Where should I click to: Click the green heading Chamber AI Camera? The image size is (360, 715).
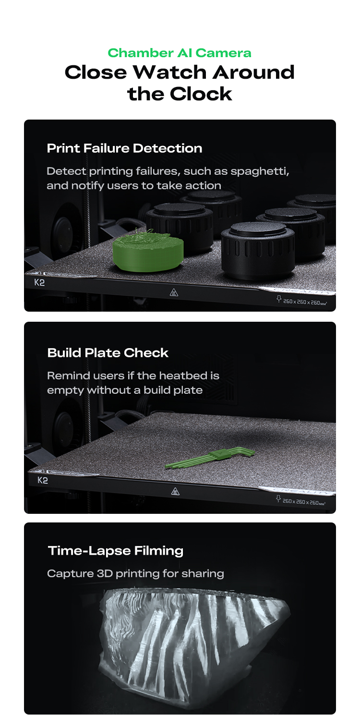pyautogui.click(x=180, y=53)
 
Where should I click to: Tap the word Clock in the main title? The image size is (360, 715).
pyautogui.click(x=201, y=94)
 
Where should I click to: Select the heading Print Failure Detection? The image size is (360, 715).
pyautogui.click(x=124, y=148)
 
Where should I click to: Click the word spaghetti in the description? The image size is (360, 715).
pyautogui.click(x=260, y=172)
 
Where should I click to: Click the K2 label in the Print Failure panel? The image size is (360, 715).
pyautogui.click(x=39, y=282)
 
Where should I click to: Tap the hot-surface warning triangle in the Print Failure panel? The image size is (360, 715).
pyautogui.click(x=174, y=292)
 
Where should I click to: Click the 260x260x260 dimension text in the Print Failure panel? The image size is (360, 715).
pyautogui.click(x=305, y=302)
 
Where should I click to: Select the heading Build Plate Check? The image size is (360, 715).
pyautogui.click(x=108, y=353)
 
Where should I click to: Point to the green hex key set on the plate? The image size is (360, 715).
pyautogui.click(x=210, y=458)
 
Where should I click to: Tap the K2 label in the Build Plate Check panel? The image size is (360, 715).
pyautogui.click(x=42, y=480)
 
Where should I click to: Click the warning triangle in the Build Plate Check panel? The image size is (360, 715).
pyautogui.click(x=175, y=491)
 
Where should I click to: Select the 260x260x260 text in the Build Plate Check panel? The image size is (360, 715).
pyautogui.click(x=304, y=502)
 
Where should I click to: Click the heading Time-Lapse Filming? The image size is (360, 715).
pyautogui.click(x=116, y=551)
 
